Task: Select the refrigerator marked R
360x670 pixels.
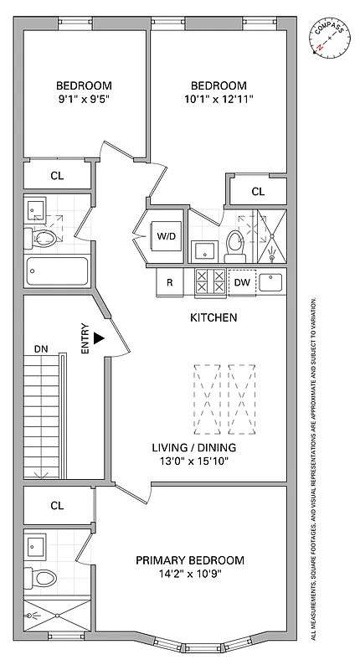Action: pyautogui.click(x=169, y=282)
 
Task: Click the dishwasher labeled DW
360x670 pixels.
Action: pyautogui.click(x=241, y=282)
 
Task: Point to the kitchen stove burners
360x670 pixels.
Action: pyautogui.click(x=209, y=282)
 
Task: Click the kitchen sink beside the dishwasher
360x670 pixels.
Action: pyautogui.click(x=271, y=281)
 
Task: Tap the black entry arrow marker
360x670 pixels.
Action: pyautogui.click(x=99, y=338)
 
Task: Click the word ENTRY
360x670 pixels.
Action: pyautogui.click(x=85, y=340)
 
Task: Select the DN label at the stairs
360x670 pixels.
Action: pyautogui.click(x=42, y=348)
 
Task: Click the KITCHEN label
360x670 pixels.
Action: pyautogui.click(x=213, y=318)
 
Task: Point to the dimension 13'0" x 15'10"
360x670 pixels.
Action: pyautogui.click(x=189, y=461)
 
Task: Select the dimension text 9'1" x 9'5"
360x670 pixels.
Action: pyautogui.click(x=84, y=99)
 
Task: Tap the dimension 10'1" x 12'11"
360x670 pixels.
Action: pyautogui.click(x=219, y=99)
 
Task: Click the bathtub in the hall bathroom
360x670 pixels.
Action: pyautogui.click(x=57, y=271)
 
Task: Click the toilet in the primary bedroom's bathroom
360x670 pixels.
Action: pyautogui.click(x=44, y=578)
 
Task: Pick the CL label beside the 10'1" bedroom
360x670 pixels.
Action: pyautogui.click(x=258, y=192)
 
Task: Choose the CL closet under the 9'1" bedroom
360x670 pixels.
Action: pyautogui.click(x=57, y=176)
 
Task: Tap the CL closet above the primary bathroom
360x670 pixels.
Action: pyautogui.click(x=57, y=506)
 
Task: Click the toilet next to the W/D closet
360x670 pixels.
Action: pyautogui.click(x=235, y=245)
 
